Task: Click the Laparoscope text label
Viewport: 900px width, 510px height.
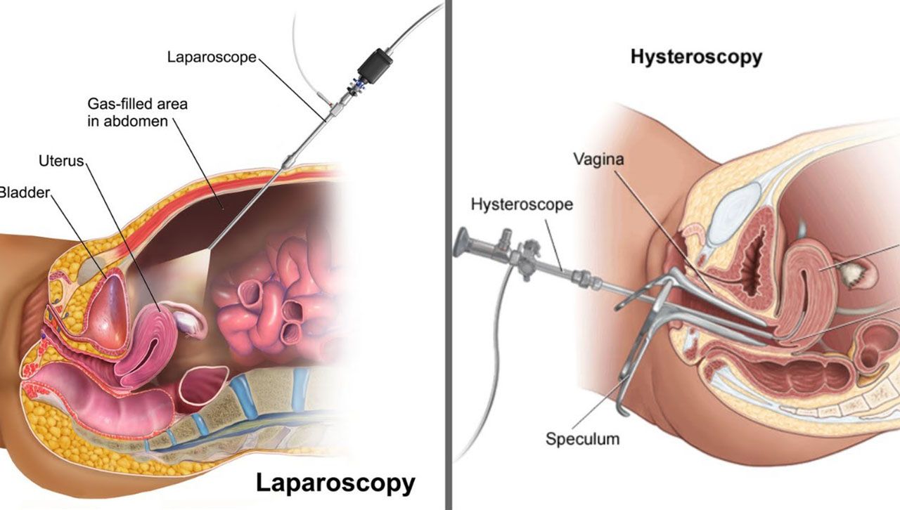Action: pyautogui.click(x=212, y=58)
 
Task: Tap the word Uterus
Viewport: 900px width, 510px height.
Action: pyautogui.click(x=61, y=161)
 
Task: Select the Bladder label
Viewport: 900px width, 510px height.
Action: pyautogui.click(x=24, y=192)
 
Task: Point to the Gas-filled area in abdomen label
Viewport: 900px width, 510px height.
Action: pyautogui.click(x=137, y=112)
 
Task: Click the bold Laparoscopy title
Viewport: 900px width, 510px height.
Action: pyautogui.click(x=335, y=483)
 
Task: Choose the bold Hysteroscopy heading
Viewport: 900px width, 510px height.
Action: pyautogui.click(x=696, y=57)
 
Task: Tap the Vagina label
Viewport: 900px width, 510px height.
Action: pyautogui.click(x=598, y=159)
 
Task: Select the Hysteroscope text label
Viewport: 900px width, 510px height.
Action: pyautogui.click(x=522, y=204)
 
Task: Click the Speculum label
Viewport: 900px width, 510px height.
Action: pyautogui.click(x=583, y=439)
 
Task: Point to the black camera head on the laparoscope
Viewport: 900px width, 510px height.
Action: pyautogui.click(x=375, y=66)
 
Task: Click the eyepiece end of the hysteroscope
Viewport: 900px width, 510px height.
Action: pyautogui.click(x=461, y=242)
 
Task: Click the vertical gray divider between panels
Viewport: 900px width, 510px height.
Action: pyautogui.click(x=449, y=255)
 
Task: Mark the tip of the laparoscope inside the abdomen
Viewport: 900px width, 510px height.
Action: pyautogui.click(x=210, y=248)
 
